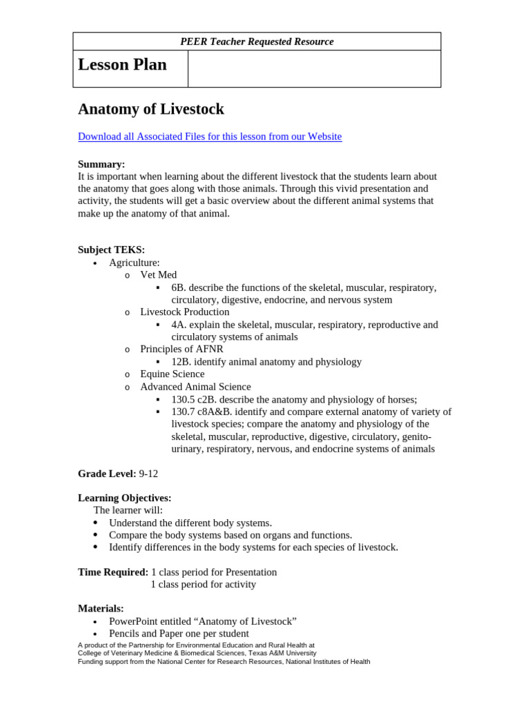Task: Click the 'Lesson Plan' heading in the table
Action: (x=122, y=65)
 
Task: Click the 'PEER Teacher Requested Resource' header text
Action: (x=257, y=41)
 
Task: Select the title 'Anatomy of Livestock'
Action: (x=150, y=109)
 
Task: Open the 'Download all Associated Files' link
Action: (x=210, y=137)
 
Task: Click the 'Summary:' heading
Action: (x=101, y=164)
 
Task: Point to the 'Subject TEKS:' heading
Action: (x=111, y=250)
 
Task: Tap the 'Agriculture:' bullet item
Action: (x=134, y=263)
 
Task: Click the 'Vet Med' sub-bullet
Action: (x=158, y=275)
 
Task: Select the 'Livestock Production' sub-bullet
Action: (x=185, y=312)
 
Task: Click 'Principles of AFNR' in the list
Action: (x=181, y=350)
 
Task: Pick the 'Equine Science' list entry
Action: (x=172, y=374)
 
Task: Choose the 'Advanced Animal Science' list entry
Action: (x=195, y=387)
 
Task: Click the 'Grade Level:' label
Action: (x=107, y=474)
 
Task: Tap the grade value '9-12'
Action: (x=148, y=474)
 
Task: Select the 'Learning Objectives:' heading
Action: (x=124, y=498)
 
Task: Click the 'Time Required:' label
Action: (x=113, y=572)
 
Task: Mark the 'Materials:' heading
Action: (x=101, y=609)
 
